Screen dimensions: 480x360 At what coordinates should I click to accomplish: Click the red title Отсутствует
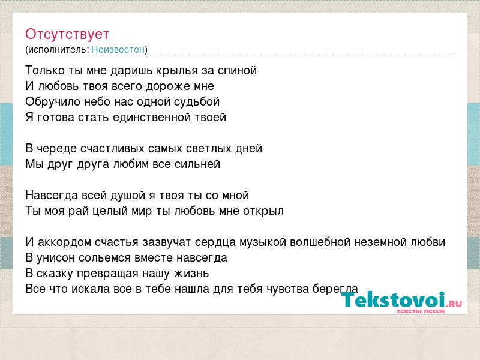tap(67, 34)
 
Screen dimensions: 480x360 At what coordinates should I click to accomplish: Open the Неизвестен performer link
tap(118, 49)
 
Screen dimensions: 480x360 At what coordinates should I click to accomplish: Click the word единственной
tap(152, 117)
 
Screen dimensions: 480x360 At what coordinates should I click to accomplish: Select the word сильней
tap(197, 164)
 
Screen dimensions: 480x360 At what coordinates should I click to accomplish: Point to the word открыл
tap(263, 211)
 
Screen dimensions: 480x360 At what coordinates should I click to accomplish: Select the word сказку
tap(55, 274)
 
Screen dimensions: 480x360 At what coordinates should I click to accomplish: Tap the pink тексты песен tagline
tap(421, 311)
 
